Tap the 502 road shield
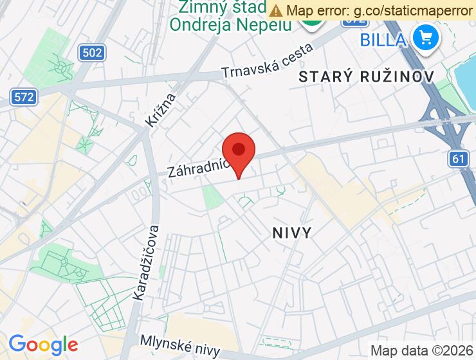click(92, 53)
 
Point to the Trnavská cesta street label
click(267, 62)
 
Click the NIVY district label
click(292, 232)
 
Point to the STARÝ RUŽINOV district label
click(367, 76)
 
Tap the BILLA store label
click(383, 40)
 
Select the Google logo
click(43, 345)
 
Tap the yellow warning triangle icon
click(276, 10)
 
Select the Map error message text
click(380, 10)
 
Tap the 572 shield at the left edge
click(24, 97)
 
